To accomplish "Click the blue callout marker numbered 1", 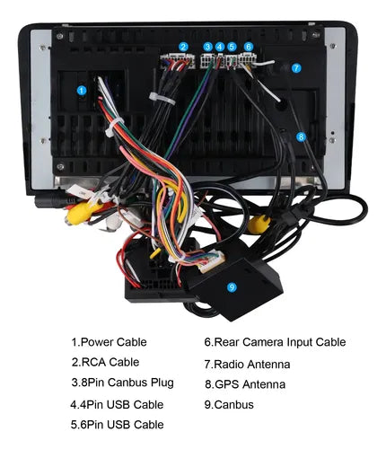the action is [x=82, y=91].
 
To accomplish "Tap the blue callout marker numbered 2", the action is [x=183, y=47].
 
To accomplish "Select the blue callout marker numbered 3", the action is [x=207, y=47].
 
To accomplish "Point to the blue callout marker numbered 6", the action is [x=249, y=47].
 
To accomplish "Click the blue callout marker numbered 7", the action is [x=296, y=68].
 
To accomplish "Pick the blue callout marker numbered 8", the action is [x=301, y=137].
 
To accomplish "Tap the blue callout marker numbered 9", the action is [x=232, y=287].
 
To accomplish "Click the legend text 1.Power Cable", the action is [x=109, y=342].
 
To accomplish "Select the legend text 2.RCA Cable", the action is [x=105, y=362].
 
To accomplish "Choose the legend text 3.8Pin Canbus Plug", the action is [x=123, y=383].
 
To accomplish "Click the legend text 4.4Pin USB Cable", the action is [x=117, y=405].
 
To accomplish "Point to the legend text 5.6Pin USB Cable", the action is [x=117, y=425].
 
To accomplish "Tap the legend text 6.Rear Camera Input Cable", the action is [x=275, y=342].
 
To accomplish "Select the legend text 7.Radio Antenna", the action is [x=247, y=365].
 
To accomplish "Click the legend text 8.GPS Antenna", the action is [x=245, y=384].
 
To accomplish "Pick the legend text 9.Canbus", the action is [x=229, y=405].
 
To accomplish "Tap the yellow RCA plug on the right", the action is [x=259, y=224].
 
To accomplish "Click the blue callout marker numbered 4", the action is [x=220, y=47].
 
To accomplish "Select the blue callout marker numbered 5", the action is [x=232, y=47].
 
